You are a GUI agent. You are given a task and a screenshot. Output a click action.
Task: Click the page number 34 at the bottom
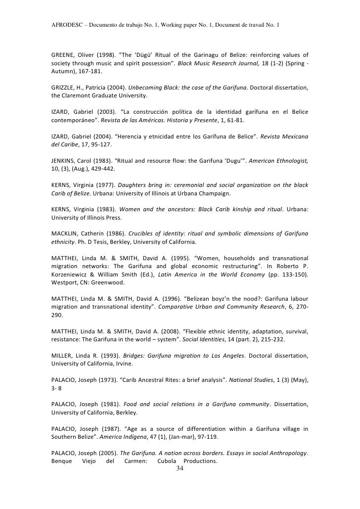(x=180, y=469)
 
